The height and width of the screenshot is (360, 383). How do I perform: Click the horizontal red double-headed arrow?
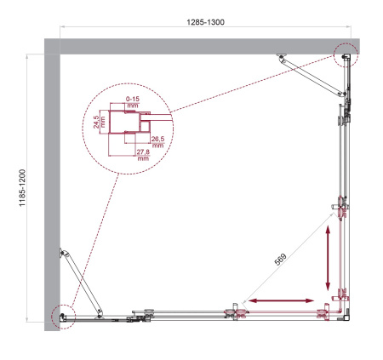(278, 300)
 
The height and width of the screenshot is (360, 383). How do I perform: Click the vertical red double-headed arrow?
(328, 261)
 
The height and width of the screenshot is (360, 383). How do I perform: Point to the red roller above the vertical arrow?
(341, 206)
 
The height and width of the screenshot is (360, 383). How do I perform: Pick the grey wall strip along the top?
(204, 44)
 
